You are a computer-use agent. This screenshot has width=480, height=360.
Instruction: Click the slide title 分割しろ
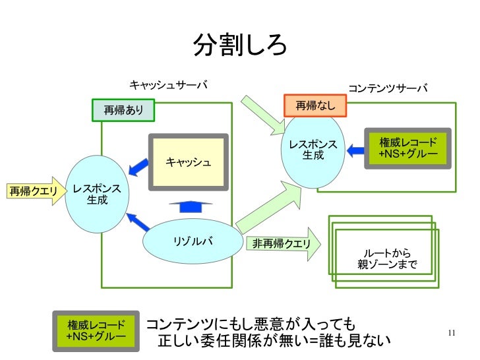click(x=240, y=44)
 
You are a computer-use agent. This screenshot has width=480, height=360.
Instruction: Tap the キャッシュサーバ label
click(x=168, y=85)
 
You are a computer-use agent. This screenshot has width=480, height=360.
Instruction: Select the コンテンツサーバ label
click(x=388, y=88)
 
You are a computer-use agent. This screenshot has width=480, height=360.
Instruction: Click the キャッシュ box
click(x=188, y=162)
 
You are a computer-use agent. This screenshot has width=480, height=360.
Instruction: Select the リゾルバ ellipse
click(x=193, y=241)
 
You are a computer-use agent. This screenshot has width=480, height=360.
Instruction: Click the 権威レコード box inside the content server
click(x=408, y=149)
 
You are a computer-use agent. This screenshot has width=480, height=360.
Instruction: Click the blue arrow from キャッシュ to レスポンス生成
click(x=138, y=166)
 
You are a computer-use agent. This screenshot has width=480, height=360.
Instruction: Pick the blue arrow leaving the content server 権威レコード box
click(x=356, y=150)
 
